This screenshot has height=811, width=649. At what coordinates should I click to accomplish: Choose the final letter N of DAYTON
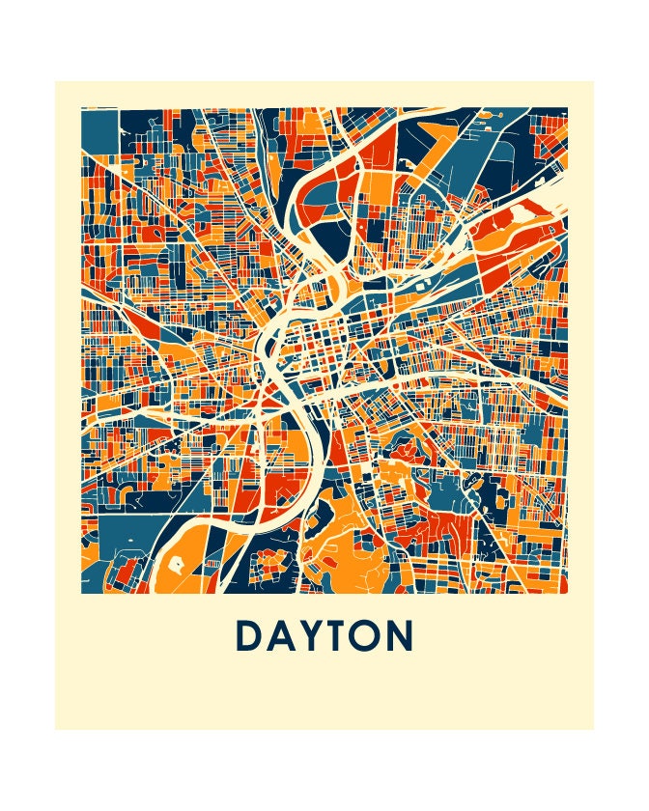pyautogui.click(x=401, y=636)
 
